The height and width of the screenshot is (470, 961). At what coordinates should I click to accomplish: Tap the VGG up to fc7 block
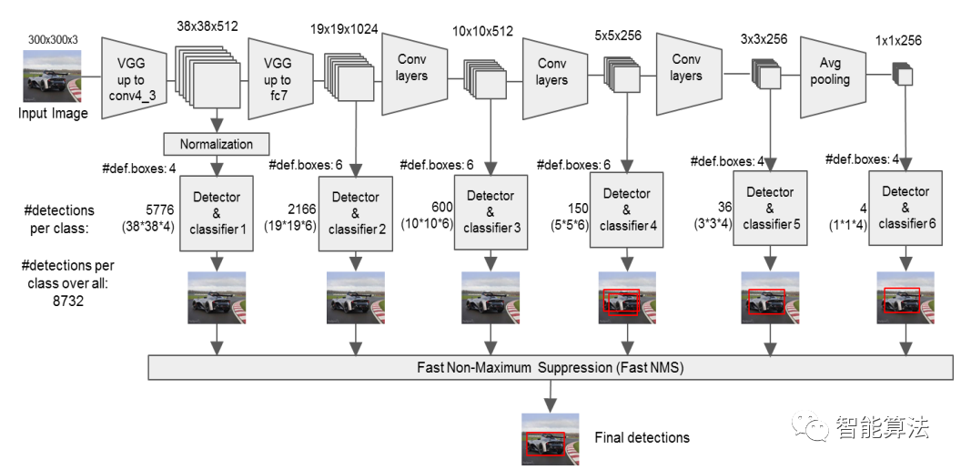(278, 78)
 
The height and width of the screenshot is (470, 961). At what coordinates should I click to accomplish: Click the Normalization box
(216, 144)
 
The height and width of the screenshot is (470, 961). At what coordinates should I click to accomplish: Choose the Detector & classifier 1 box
(217, 211)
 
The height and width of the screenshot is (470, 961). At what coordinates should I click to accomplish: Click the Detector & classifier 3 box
(491, 211)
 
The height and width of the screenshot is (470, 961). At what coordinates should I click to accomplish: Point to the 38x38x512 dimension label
(207, 26)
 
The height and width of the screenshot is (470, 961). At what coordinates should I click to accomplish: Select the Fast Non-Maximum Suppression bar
(550, 368)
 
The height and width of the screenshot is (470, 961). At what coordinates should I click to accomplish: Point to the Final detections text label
(642, 438)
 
